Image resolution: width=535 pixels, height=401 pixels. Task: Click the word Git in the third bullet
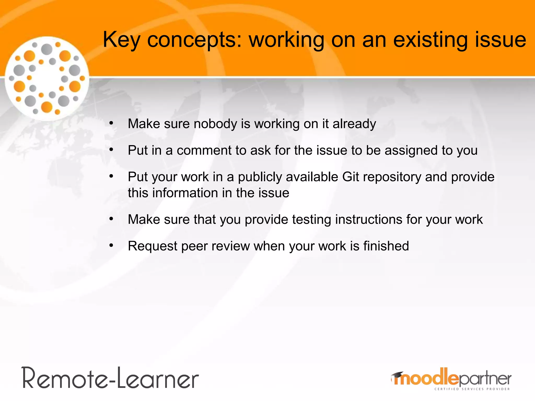pos(351,177)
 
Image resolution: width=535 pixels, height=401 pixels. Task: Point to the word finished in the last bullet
pos(386,246)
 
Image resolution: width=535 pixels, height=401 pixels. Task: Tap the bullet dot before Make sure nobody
pos(111,123)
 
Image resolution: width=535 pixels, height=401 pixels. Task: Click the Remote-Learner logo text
pos(111,378)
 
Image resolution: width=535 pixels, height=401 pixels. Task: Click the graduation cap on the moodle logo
pos(397,375)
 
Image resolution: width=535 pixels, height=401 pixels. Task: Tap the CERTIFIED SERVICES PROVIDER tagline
pos(472,389)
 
